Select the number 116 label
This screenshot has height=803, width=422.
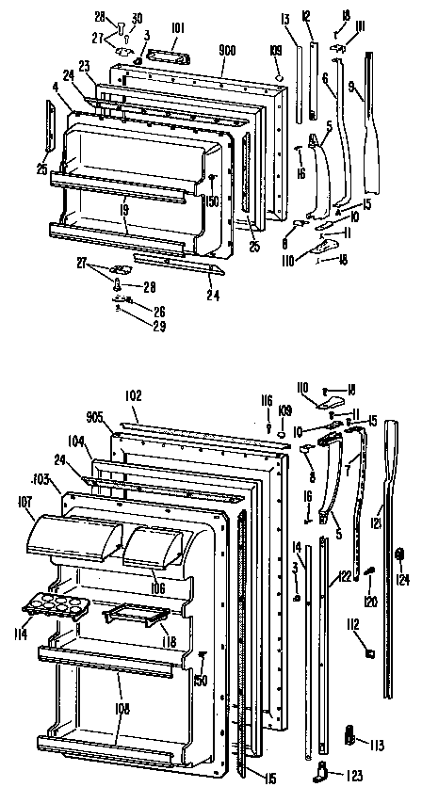coord(268,401)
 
